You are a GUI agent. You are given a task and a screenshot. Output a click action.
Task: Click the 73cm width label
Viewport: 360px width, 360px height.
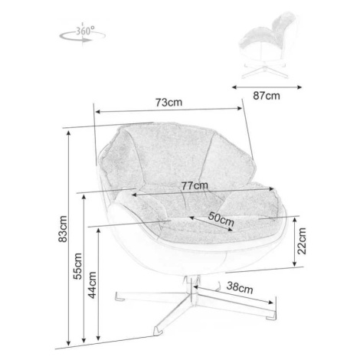click(169, 103)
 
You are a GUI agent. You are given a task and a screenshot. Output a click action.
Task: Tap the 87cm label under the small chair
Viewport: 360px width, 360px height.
click(267, 96)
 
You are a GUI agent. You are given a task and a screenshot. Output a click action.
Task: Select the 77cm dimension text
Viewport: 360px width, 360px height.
click(195, 185)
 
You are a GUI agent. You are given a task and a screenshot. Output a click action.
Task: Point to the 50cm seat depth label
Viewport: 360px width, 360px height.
click(221, 219)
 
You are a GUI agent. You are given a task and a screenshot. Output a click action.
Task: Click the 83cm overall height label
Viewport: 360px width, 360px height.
click(63, 229)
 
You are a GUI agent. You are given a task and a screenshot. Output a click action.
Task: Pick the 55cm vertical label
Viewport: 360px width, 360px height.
click(77, 266)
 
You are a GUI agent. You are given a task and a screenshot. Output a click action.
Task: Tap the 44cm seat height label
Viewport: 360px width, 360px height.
click(92, 285)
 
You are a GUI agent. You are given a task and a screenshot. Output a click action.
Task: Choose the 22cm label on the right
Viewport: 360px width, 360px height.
click(302, 241)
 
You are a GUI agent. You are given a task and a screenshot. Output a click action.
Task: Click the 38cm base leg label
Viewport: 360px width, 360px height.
click(240, 287)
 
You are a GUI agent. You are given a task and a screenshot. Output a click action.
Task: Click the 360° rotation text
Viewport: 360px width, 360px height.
click(85, 31)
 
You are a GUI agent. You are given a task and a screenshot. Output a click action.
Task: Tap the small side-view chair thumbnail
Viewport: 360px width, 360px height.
click(267, 45)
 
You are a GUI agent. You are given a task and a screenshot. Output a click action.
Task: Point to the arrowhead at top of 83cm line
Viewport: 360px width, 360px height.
click(68, 133)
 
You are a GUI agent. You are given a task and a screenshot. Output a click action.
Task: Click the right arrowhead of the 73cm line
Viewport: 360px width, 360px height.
click(239, 108)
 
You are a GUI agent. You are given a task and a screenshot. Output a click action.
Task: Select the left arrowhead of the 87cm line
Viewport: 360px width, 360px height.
click(235, 87)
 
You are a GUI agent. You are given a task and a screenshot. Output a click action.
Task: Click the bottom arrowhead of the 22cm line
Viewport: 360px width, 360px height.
click(295, 263)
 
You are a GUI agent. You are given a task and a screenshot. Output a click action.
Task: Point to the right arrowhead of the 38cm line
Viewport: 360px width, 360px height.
click(270, 303)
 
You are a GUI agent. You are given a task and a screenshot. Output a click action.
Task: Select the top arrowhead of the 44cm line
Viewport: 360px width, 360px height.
click(99, 231)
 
